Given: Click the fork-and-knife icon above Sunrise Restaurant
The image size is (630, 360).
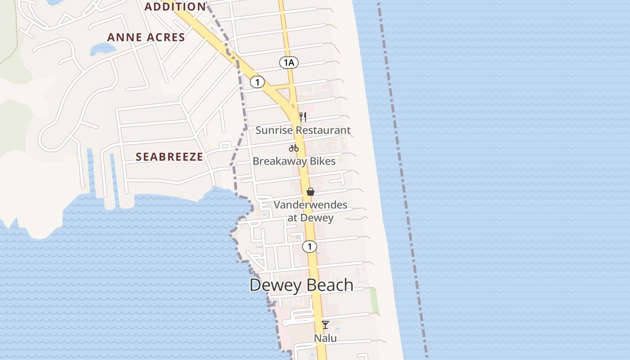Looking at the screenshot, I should pos(303,117).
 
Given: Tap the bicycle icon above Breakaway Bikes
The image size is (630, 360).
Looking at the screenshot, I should pos(294,148).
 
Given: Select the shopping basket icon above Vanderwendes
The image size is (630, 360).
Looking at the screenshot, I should pos(310,192).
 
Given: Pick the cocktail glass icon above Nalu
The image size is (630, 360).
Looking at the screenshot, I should pos(325,324).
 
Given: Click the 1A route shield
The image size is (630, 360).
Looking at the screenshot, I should pos(288,63).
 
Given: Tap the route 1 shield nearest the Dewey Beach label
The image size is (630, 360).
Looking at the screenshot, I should pos(310,247).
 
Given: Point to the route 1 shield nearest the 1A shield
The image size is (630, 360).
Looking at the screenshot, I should pos(257,82).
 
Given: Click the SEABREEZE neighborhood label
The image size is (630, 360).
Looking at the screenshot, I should pos(169,157).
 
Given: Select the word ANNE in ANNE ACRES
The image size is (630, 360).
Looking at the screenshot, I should pos(123,37).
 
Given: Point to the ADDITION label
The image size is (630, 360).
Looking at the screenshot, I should pos(175,7).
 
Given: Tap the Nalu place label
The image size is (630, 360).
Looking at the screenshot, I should pos(325,338).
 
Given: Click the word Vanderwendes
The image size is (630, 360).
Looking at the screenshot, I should pos(310,205).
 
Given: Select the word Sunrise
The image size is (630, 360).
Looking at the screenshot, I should pos(271,130).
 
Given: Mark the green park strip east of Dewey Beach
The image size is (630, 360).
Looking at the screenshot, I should pos(374,301).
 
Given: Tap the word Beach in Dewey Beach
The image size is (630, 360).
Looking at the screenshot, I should pos(331,285).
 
